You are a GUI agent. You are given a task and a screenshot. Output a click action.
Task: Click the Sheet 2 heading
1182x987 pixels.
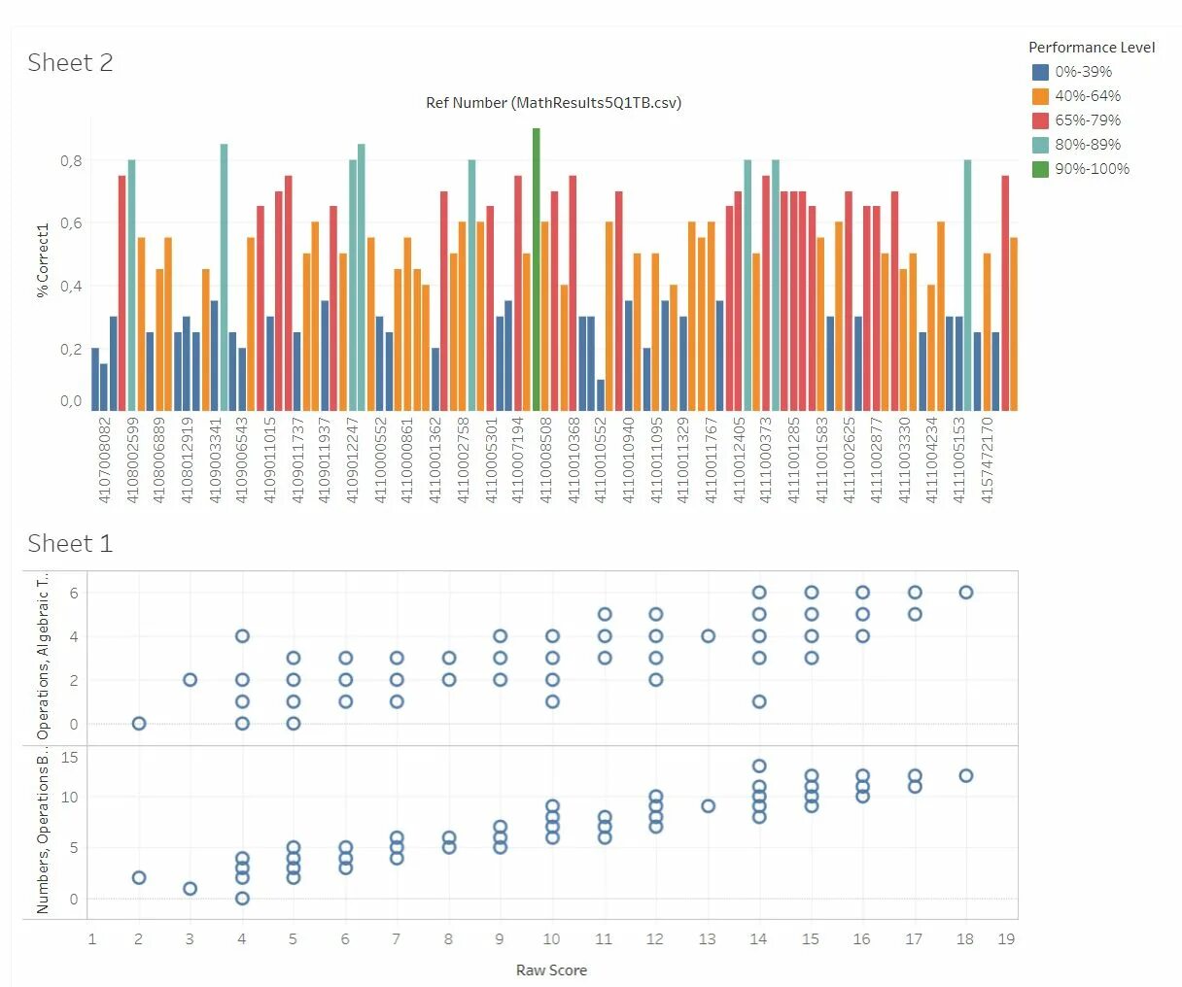70,63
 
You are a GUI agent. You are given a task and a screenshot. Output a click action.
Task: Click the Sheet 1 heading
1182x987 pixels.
70,543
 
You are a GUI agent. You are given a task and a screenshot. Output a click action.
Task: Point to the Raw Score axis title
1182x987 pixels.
551,970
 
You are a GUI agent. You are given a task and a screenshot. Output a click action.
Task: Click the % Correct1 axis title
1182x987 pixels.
43,260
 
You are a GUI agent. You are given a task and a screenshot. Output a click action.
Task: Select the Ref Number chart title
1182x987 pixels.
553,103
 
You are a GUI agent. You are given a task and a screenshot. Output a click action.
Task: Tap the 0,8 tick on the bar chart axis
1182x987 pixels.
71,161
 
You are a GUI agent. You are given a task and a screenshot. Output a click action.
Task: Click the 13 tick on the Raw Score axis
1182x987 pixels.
707,939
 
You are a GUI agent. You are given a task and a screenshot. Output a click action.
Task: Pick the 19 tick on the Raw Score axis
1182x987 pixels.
1006,939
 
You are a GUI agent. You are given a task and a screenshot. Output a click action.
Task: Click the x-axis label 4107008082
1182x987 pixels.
105,459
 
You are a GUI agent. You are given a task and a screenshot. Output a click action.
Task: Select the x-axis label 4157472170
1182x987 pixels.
988,459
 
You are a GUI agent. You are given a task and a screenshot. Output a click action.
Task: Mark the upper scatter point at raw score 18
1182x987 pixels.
965,593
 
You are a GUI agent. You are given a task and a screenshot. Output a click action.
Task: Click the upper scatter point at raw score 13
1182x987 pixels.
708,636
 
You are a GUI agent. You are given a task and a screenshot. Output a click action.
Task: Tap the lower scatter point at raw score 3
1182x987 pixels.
190,889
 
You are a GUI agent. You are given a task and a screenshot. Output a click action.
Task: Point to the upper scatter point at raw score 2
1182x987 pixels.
139,724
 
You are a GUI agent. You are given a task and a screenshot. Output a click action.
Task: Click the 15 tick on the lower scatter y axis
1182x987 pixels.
70,758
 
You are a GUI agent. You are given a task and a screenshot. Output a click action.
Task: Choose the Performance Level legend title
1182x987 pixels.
1092,48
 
